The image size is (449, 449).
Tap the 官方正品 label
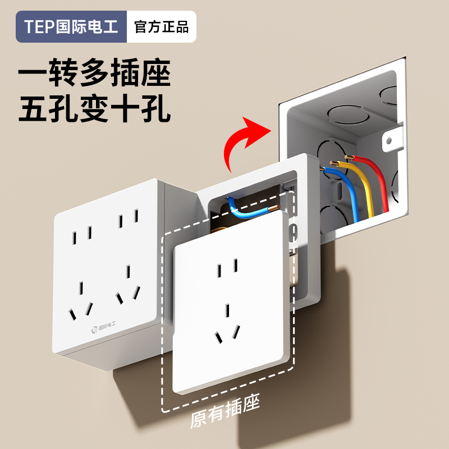tap(161, 27)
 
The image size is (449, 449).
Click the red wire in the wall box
tap(376, 180)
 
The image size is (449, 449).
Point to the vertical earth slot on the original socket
tap(227, 312)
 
